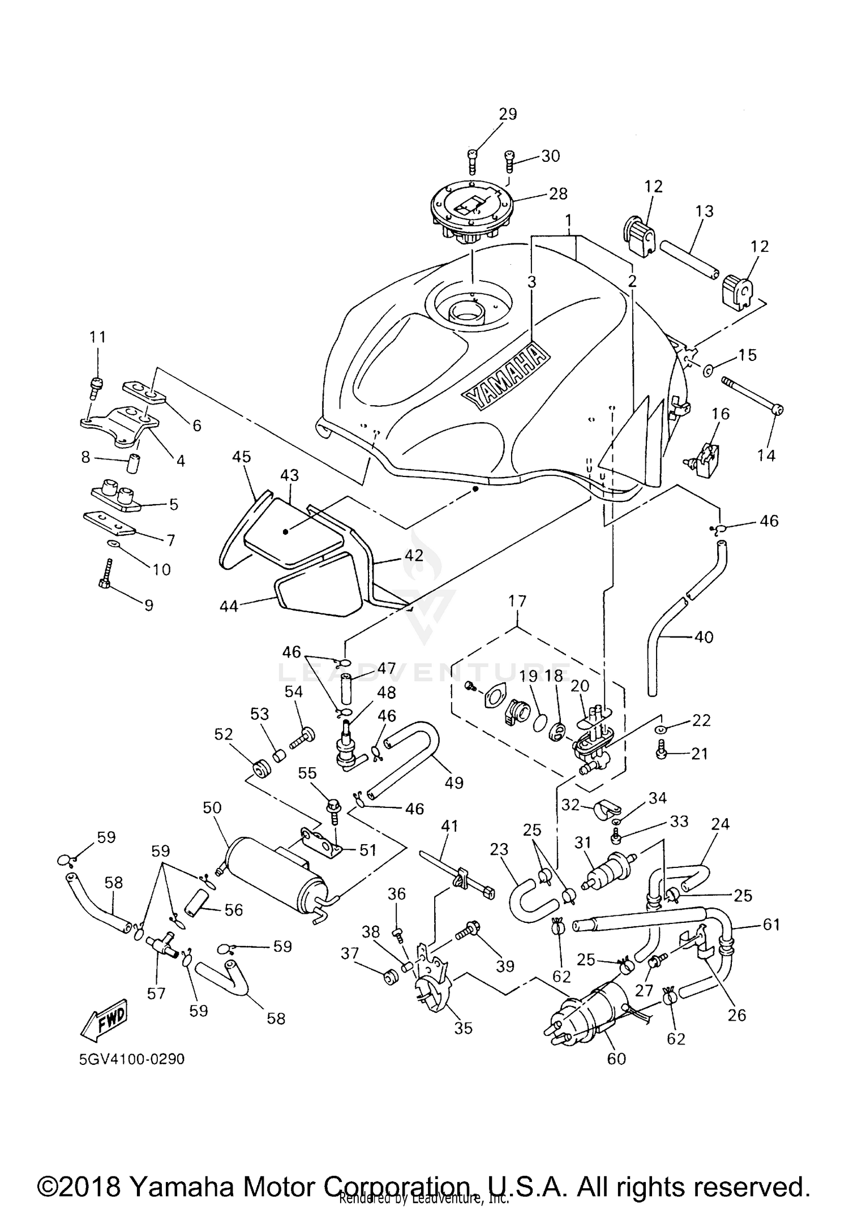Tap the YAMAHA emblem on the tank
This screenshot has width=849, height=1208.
point(506,375)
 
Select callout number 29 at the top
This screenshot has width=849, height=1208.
point(508,114)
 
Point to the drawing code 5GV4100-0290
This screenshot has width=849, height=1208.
point(132,1059)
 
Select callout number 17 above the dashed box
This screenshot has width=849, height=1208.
point(517,601)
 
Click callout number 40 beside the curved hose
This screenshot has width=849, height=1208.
point(704,637)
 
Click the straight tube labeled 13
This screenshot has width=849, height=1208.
point(690,260)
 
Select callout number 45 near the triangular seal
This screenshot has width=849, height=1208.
point(242,457)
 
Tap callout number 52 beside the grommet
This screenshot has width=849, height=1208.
point(224,734)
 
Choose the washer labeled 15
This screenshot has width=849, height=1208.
point(709,371)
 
